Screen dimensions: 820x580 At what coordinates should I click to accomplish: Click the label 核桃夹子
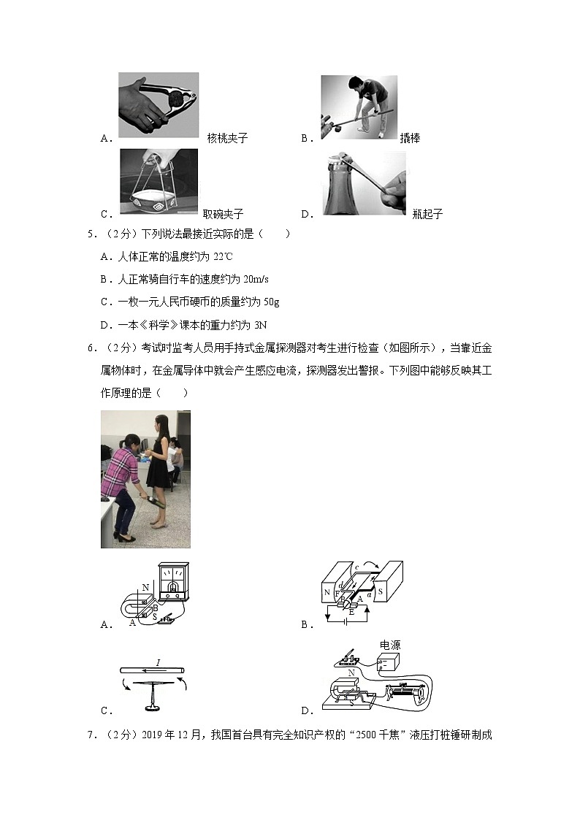coord(227,138)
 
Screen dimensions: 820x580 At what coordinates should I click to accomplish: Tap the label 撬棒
coord(410,138)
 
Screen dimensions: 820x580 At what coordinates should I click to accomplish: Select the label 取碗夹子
coord(223,214)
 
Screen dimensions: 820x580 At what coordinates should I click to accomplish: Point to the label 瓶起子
coord(427,214)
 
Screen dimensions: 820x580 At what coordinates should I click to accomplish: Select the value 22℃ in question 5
coord(222,256)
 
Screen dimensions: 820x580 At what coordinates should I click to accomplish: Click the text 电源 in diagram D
coord(390,645)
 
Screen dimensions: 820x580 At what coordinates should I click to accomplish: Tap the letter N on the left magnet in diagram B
coord(327,593)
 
